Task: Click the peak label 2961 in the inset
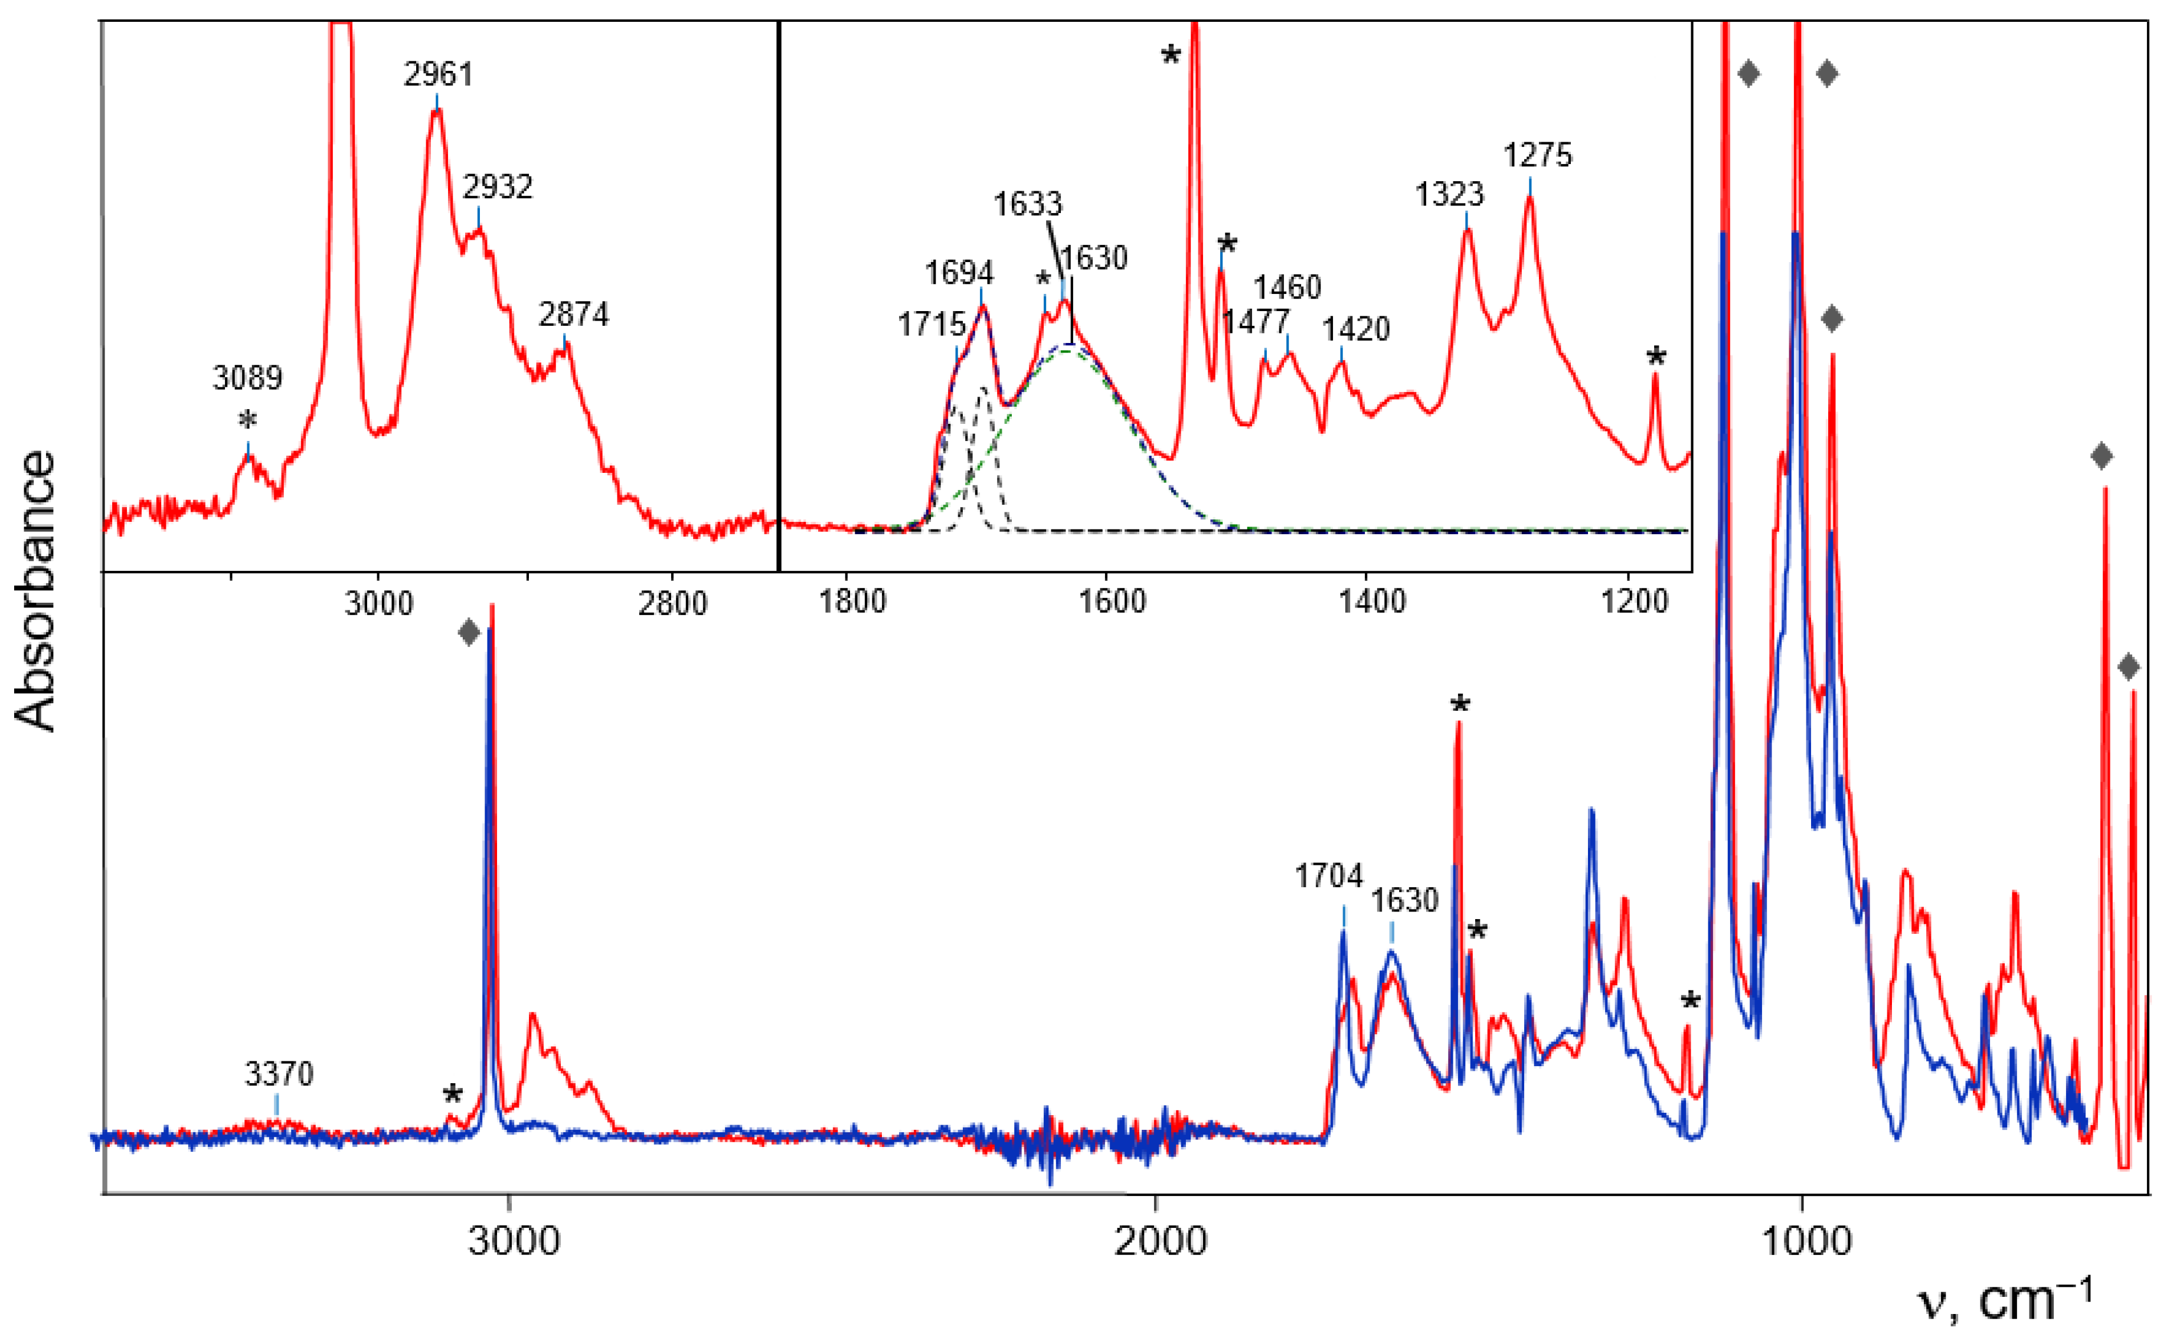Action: coord(438,74)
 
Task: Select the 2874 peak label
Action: coord(573,315)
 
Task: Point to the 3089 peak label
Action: coord(247,378)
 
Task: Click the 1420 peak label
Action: coord(1356,329)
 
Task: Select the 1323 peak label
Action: coord(1449,194)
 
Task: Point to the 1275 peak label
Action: coord(1537,156)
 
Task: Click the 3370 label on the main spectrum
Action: coord(279,1074)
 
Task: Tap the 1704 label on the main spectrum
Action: coord(1328,877)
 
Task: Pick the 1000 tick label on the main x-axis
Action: coord(1805,1241)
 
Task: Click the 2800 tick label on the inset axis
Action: coord(674,604)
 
